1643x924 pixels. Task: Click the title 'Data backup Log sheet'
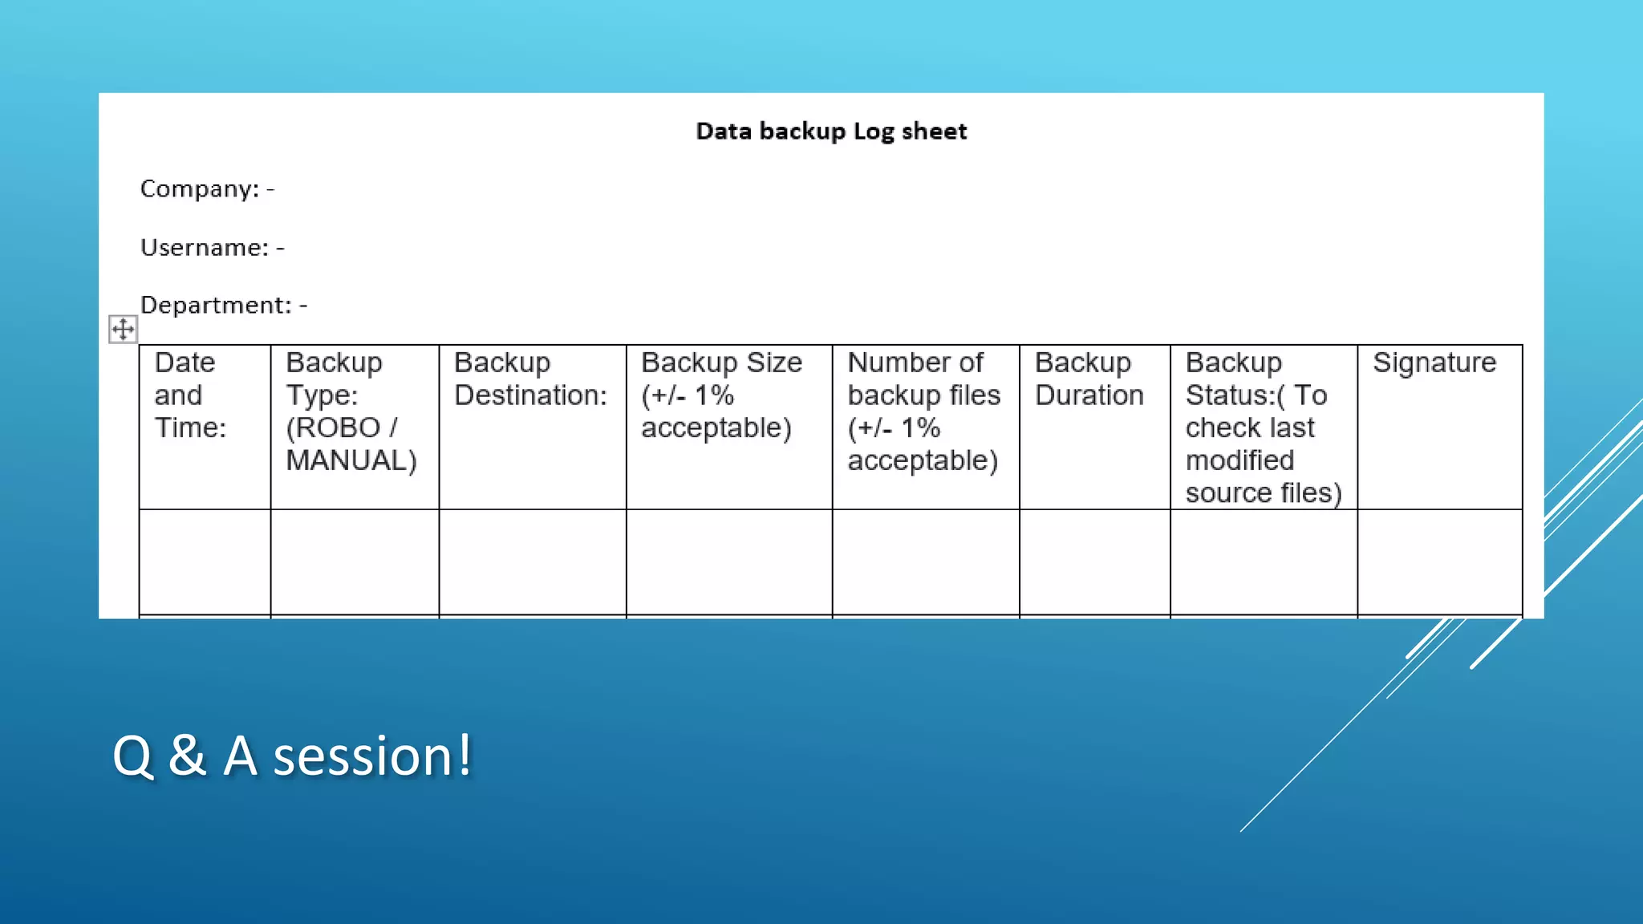(x=831, y=131)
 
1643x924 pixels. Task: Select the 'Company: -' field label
(x=207, y=188)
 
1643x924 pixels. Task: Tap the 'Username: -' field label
(x=212, y=247)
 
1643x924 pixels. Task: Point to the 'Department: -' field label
(x=223, y=305)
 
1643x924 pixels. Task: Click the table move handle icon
(x=123, y=329)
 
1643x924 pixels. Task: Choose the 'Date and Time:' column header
(x=190, y=395)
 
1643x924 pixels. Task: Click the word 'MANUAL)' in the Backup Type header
(x=351, y=460)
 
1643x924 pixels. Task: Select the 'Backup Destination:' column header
(x=530, y=379)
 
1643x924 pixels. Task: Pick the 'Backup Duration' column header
(x=1089, y=379)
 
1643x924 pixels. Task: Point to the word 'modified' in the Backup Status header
(x=1239, y=460)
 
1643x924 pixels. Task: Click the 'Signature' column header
(x=1434, y=363)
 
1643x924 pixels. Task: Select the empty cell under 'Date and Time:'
(x=205, y=561)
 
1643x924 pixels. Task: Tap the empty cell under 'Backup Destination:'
(x=532, y=561)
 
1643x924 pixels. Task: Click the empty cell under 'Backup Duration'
(x=1094, y=561)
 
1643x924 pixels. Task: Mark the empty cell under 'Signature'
(x=1439, y=561)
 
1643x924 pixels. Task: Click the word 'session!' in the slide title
(x=372, y=756)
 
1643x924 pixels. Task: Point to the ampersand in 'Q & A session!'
(x=187, y=756)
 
